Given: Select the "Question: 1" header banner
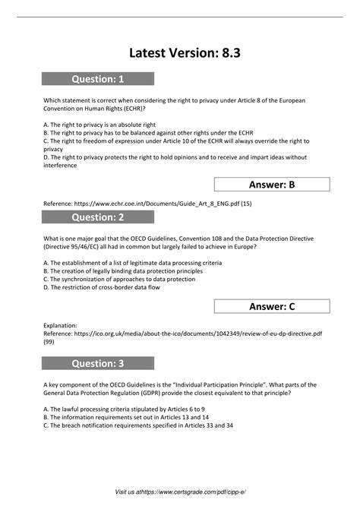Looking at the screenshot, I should click(x=98, y=79).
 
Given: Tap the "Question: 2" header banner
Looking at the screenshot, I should click(x=98, y=218).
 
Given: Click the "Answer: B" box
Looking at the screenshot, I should click(x=272, y=185).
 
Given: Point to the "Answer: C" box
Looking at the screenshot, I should click(x=272, y=306).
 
